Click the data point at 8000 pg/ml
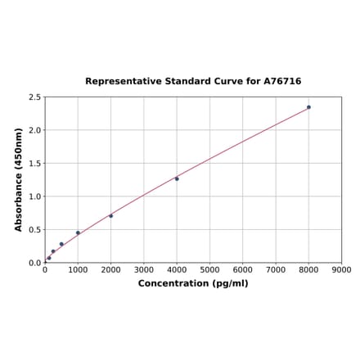[308, 107]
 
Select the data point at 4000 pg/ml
[177, 178]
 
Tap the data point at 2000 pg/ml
[111, 215]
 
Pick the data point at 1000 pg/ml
[79, 232]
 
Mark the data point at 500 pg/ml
[61, 244]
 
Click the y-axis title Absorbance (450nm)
[19, 179]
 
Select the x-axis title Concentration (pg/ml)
[193, 283]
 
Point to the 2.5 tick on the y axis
[35, 97]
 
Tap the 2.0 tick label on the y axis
[35, 130]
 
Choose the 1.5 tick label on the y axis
[35, 164]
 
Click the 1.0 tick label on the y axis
[35, 196]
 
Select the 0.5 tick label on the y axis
[35, 230]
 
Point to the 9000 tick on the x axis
[342, 269]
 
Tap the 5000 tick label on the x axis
[209, 269]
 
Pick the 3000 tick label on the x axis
[144, 269]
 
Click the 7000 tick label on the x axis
[276, 269]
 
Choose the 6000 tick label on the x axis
[243, 269]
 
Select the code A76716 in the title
[282, 82]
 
